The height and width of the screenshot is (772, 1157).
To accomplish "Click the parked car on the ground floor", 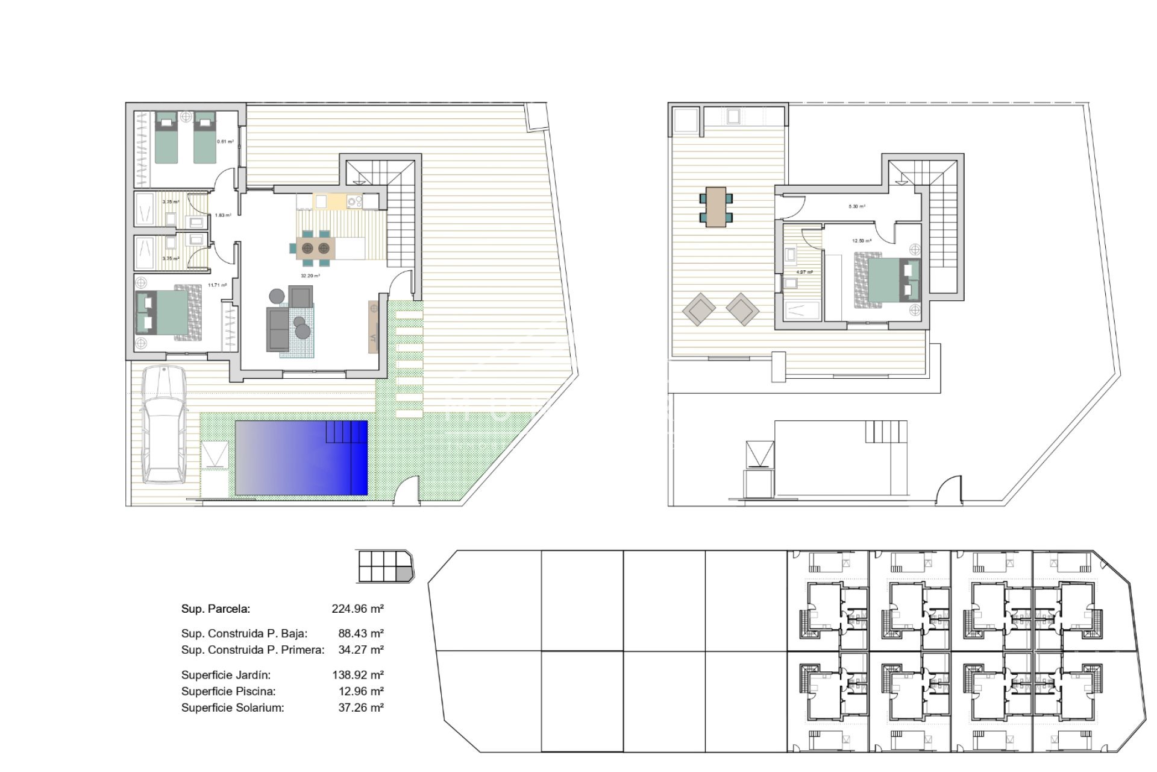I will (163, 425).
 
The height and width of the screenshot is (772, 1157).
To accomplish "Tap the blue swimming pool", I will (301, 458).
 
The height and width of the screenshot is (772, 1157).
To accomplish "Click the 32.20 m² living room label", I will (310, 276).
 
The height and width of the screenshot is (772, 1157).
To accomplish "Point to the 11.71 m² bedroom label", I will (217, 285).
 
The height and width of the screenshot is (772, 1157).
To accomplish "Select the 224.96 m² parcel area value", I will (357, 609).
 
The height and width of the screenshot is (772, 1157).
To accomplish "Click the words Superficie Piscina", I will (228, 692).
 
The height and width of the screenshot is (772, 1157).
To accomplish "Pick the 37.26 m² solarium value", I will (360, 708).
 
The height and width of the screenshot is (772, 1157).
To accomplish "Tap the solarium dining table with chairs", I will (716, 207).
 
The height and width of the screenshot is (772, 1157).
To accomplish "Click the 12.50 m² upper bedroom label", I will (861, 241).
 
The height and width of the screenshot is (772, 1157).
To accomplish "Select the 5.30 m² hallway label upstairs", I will (857, 206).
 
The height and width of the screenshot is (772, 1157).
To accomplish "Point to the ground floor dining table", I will (316, 247).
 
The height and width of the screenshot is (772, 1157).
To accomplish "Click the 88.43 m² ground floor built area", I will (360, 633).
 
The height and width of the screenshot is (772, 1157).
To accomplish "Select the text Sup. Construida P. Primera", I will (252, 650).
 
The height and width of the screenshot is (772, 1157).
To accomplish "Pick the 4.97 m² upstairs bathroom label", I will (804, 272).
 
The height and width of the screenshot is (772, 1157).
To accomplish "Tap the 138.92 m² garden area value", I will (357, 675).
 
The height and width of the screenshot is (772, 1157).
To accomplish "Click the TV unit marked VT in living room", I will (373, 326).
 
